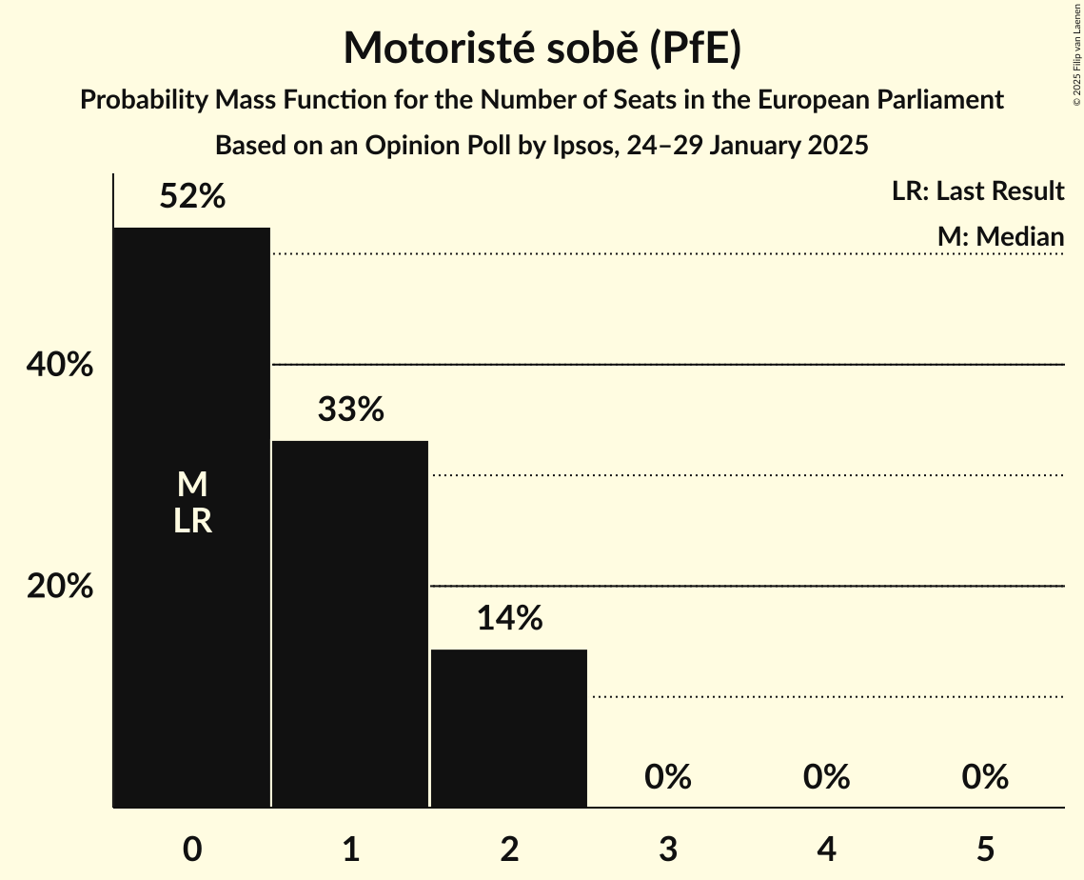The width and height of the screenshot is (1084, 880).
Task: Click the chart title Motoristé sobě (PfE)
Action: pos(542,48)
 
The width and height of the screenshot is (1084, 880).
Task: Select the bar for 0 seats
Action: pos(192,619)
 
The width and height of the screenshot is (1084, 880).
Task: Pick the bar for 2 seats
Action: pos(509,729)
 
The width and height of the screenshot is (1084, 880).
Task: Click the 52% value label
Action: pos(192,197)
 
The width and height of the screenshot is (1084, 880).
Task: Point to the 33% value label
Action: pos(350,410)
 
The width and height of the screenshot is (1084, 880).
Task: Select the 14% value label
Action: pos(509,619)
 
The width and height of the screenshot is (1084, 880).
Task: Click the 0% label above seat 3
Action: pos(667,777)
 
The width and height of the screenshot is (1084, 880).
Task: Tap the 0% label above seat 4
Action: pos(826,777)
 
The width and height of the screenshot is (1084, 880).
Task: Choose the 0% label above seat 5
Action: pos(984,777)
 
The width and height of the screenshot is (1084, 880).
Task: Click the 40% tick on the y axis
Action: pos(60,365)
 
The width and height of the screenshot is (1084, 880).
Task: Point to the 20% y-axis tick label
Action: pos(60,587)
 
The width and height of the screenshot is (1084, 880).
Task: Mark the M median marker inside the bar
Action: pos(192,485)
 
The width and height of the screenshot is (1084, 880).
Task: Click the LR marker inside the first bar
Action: pos(192,521)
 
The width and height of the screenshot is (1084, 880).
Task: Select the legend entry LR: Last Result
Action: pos(977,191)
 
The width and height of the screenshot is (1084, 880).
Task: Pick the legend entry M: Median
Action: pos(999,236)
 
